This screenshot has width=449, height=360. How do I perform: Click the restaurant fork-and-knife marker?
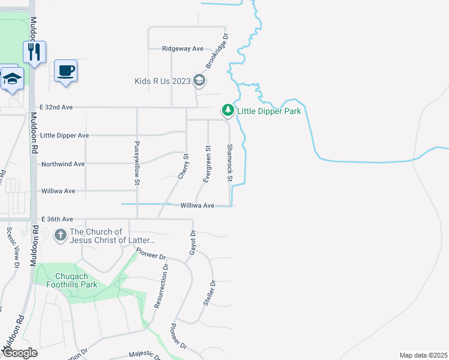tap(35, 52)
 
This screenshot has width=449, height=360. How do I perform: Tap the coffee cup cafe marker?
tap(65, 70)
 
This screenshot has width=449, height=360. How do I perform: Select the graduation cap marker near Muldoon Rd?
tap(12, 80)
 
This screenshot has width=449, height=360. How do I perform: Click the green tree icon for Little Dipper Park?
tap(228, 110)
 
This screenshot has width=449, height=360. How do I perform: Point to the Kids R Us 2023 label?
tap(161, 81)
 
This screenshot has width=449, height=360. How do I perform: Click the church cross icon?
tap(60, 235)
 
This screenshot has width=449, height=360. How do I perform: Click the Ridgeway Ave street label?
tap(183, 49)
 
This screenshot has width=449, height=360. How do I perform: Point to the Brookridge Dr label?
tap(217, 50)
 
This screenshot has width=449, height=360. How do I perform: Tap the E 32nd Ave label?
tap(56, 107)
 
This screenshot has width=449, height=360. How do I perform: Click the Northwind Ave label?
tap(62, 164)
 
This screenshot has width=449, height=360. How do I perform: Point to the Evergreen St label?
tap(208, 163)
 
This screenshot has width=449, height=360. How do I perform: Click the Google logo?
tap(19, 352)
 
